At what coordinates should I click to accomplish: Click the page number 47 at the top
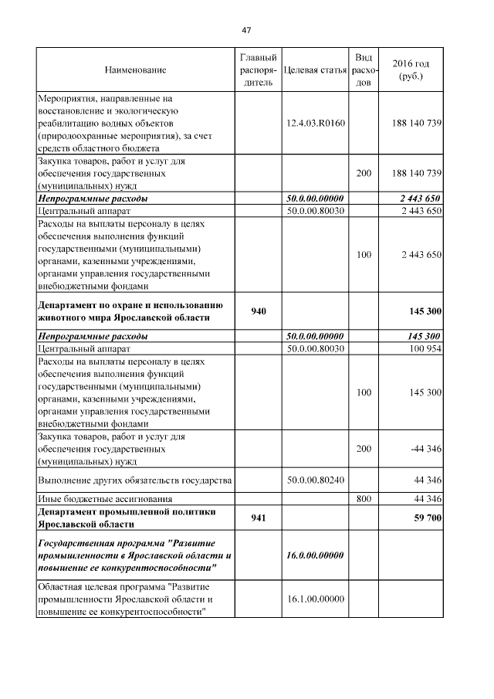(x=246, y=30)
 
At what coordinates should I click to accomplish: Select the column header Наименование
(x=135, y=70)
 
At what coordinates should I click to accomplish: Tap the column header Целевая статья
(x=314, y=70)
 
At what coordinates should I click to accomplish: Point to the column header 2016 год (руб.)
(x=411, y=70)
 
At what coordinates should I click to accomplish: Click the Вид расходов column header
(x=363, y=70)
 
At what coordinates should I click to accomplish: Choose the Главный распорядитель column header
(x=258, y=70)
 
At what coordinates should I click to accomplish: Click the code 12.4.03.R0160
(x=314, y=123)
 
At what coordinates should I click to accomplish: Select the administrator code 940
(x=258, y=310)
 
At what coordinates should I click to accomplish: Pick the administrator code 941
(x=258, y=518)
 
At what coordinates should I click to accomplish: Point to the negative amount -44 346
(x=426, y=449)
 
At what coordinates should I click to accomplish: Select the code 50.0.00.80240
(x=314, y=480)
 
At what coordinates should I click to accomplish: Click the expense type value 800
(x=363, y=500)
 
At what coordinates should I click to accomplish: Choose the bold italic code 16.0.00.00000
(x=314, y=555)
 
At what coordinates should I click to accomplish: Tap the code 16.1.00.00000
(x=314, y=599)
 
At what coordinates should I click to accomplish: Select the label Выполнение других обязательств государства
(x=134, y=480)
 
